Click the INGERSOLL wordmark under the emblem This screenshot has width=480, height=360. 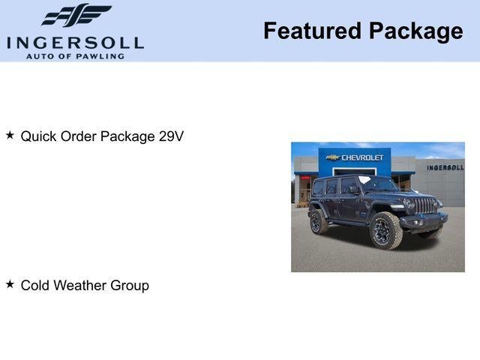click(75, 43)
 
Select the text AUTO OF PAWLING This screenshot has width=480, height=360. click(75, 56)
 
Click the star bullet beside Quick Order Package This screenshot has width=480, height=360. click(10, 136)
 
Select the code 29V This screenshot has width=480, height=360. click(171, 136)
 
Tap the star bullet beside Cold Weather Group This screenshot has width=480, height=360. click(10, 284)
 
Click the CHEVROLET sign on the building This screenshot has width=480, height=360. click(362, 157)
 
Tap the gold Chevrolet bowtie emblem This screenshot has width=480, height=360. click(333, 157)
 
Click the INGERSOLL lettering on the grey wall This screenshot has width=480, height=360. click(445, 167)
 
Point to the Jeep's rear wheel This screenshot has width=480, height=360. click(319, 220)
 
